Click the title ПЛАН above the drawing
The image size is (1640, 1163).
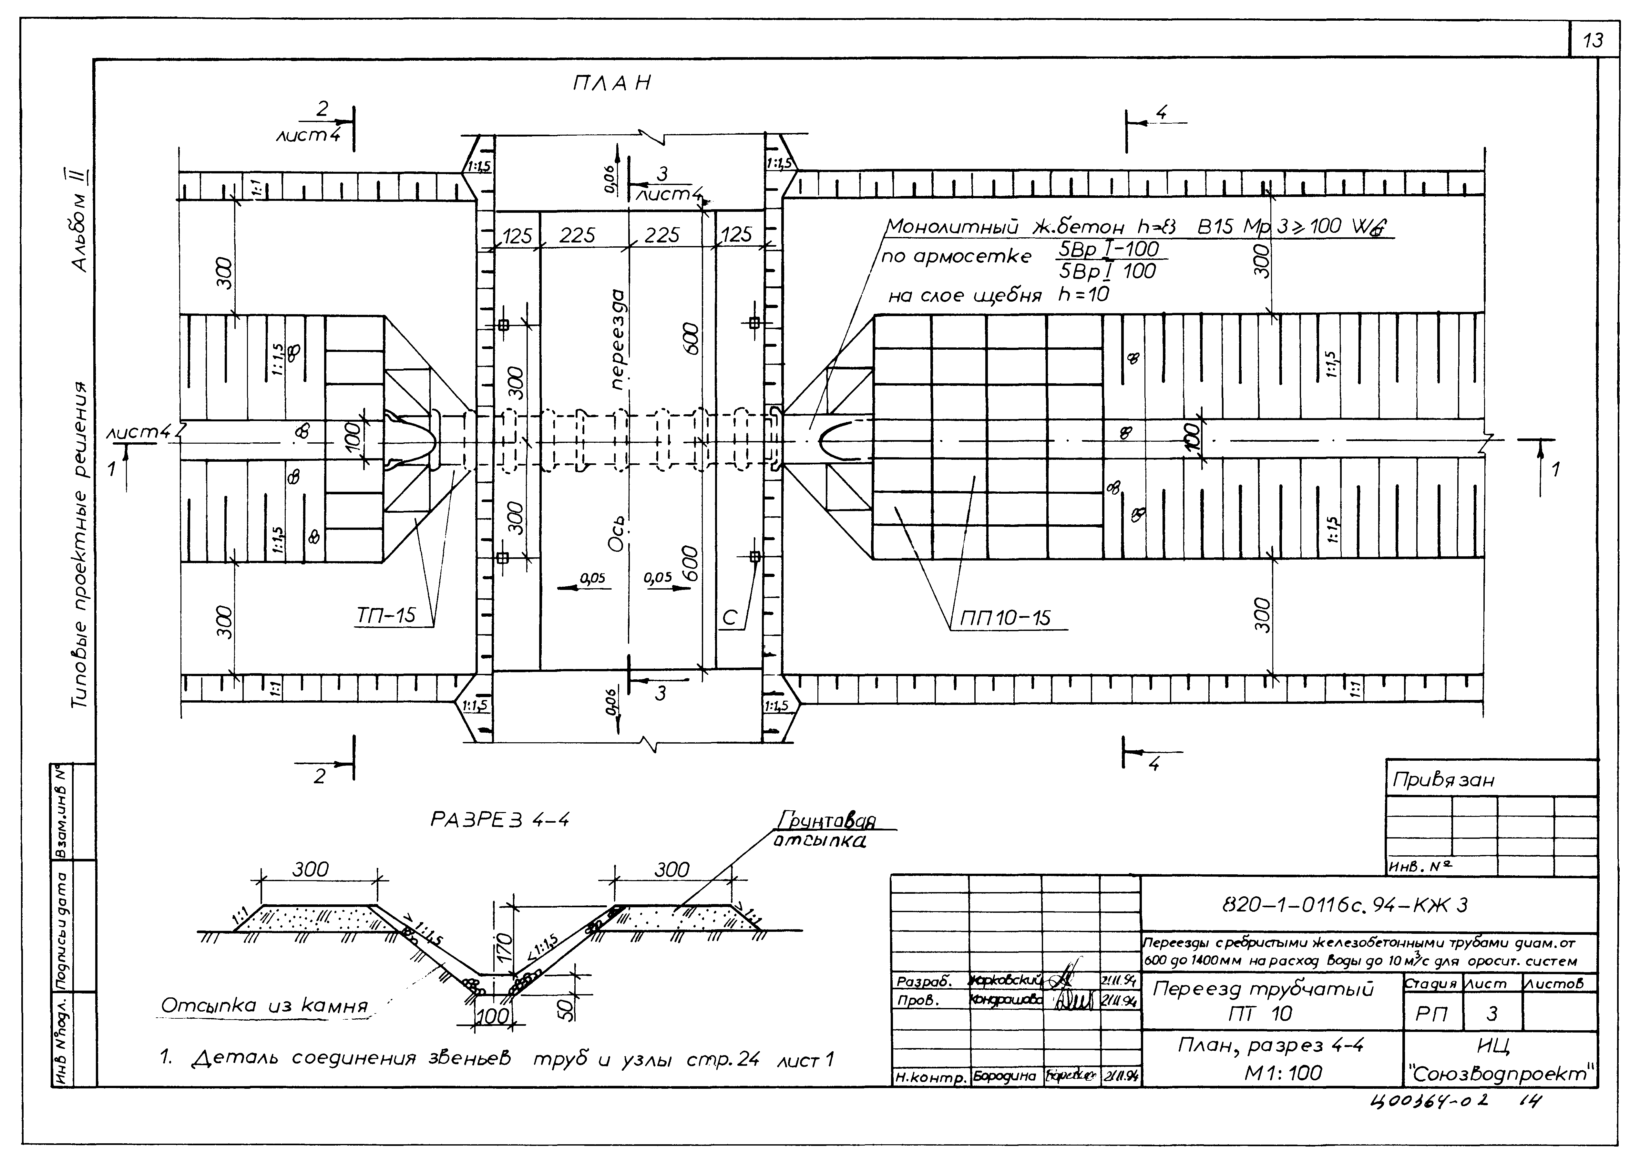612,83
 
